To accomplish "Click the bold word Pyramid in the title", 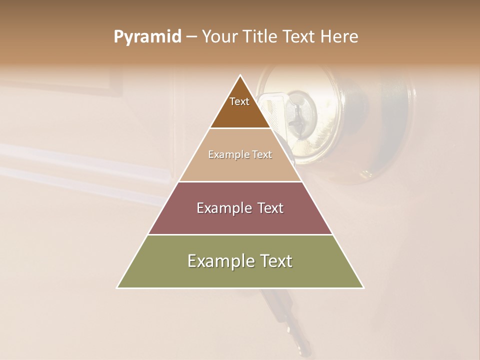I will pos(147,37).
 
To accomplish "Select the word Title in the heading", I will pos(261,37).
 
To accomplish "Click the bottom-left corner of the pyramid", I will pos(117,287).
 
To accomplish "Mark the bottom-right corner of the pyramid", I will pos(363,287).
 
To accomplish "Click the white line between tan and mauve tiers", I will pos(240,181).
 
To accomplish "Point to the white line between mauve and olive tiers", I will pos(240,234).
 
